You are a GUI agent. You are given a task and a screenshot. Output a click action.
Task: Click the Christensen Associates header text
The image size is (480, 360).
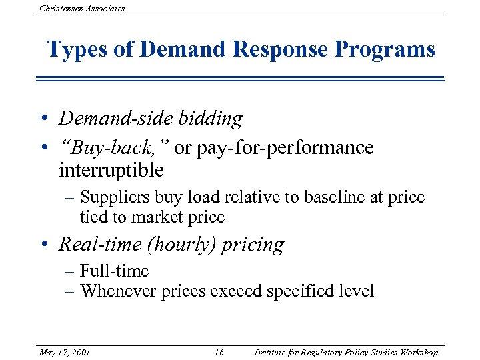tap(82, 8)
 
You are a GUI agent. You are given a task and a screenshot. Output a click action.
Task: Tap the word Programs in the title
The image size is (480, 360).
tap(385, 50)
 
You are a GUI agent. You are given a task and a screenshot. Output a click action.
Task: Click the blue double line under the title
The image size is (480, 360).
tap(240, 79)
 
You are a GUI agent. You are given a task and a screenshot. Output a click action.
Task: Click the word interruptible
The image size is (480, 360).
tap(111, 170)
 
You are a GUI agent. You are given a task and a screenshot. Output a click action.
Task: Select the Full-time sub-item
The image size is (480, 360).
tap(114, 271)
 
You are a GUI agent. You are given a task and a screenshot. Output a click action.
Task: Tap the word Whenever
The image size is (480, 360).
tap(118, 291)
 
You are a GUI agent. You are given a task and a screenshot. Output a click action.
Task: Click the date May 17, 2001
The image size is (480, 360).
tap(65, 352)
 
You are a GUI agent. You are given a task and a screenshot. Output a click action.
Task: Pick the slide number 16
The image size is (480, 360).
tap(219, 352)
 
